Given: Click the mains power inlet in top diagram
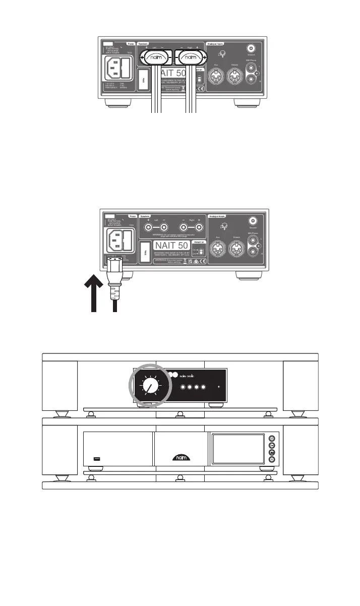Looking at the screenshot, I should point(119,68).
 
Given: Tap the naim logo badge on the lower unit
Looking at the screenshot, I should point(180,458).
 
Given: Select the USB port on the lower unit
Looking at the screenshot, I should point(98,458).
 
